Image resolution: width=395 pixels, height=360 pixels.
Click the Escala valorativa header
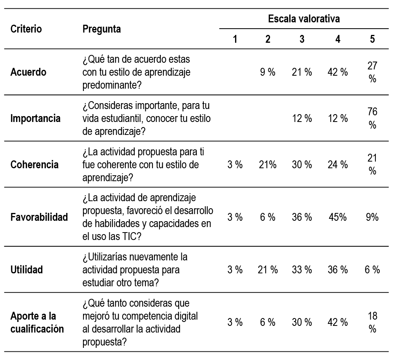click(304, 18)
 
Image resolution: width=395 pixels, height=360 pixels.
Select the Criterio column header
click(26, 29)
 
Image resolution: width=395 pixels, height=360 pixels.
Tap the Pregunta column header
click(102, 29)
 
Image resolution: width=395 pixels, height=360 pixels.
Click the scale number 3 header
click(302, 39)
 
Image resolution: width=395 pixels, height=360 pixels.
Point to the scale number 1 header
click(235, 39)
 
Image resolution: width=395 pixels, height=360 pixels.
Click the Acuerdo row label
click(29, 73)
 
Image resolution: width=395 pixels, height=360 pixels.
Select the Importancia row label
click(36, 118)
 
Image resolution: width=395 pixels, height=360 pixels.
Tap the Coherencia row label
click(34, 165)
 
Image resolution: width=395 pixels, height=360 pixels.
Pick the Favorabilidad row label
click(39, 217)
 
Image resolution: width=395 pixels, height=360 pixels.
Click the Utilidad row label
click(27, 270)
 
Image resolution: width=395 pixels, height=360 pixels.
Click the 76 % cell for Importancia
click(372, 118)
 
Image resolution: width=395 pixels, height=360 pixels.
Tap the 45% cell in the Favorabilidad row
click(337, 217)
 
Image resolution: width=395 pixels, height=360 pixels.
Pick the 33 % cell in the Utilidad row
click(302, 270)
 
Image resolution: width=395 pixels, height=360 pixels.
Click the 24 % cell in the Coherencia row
click(337, 165)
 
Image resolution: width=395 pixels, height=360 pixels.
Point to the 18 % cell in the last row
click(372, 322)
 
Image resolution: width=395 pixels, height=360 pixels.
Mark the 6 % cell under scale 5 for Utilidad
click(372, 270)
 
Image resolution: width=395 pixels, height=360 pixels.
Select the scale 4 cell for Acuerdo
click(337, 73)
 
